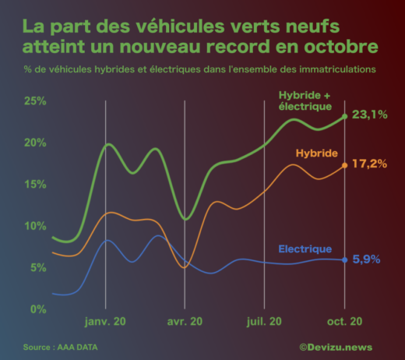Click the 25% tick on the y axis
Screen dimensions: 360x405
tap(36, 101)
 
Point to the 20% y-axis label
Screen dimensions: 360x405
tap(36, 143)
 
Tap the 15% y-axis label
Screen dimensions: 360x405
tap(36, 184)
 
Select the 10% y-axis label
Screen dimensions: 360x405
tap(36, 226)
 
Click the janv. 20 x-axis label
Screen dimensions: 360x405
tap(105, 322)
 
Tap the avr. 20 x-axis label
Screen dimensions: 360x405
tap(185, 322)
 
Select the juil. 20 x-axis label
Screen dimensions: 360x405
tap(264, 322)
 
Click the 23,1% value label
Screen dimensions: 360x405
tap(370, 115)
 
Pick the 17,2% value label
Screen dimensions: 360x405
tap(370, 164)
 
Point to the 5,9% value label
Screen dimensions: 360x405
tap(366, 259)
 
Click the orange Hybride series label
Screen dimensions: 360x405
tap(317, 153)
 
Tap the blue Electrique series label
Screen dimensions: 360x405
tap(305, 249)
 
